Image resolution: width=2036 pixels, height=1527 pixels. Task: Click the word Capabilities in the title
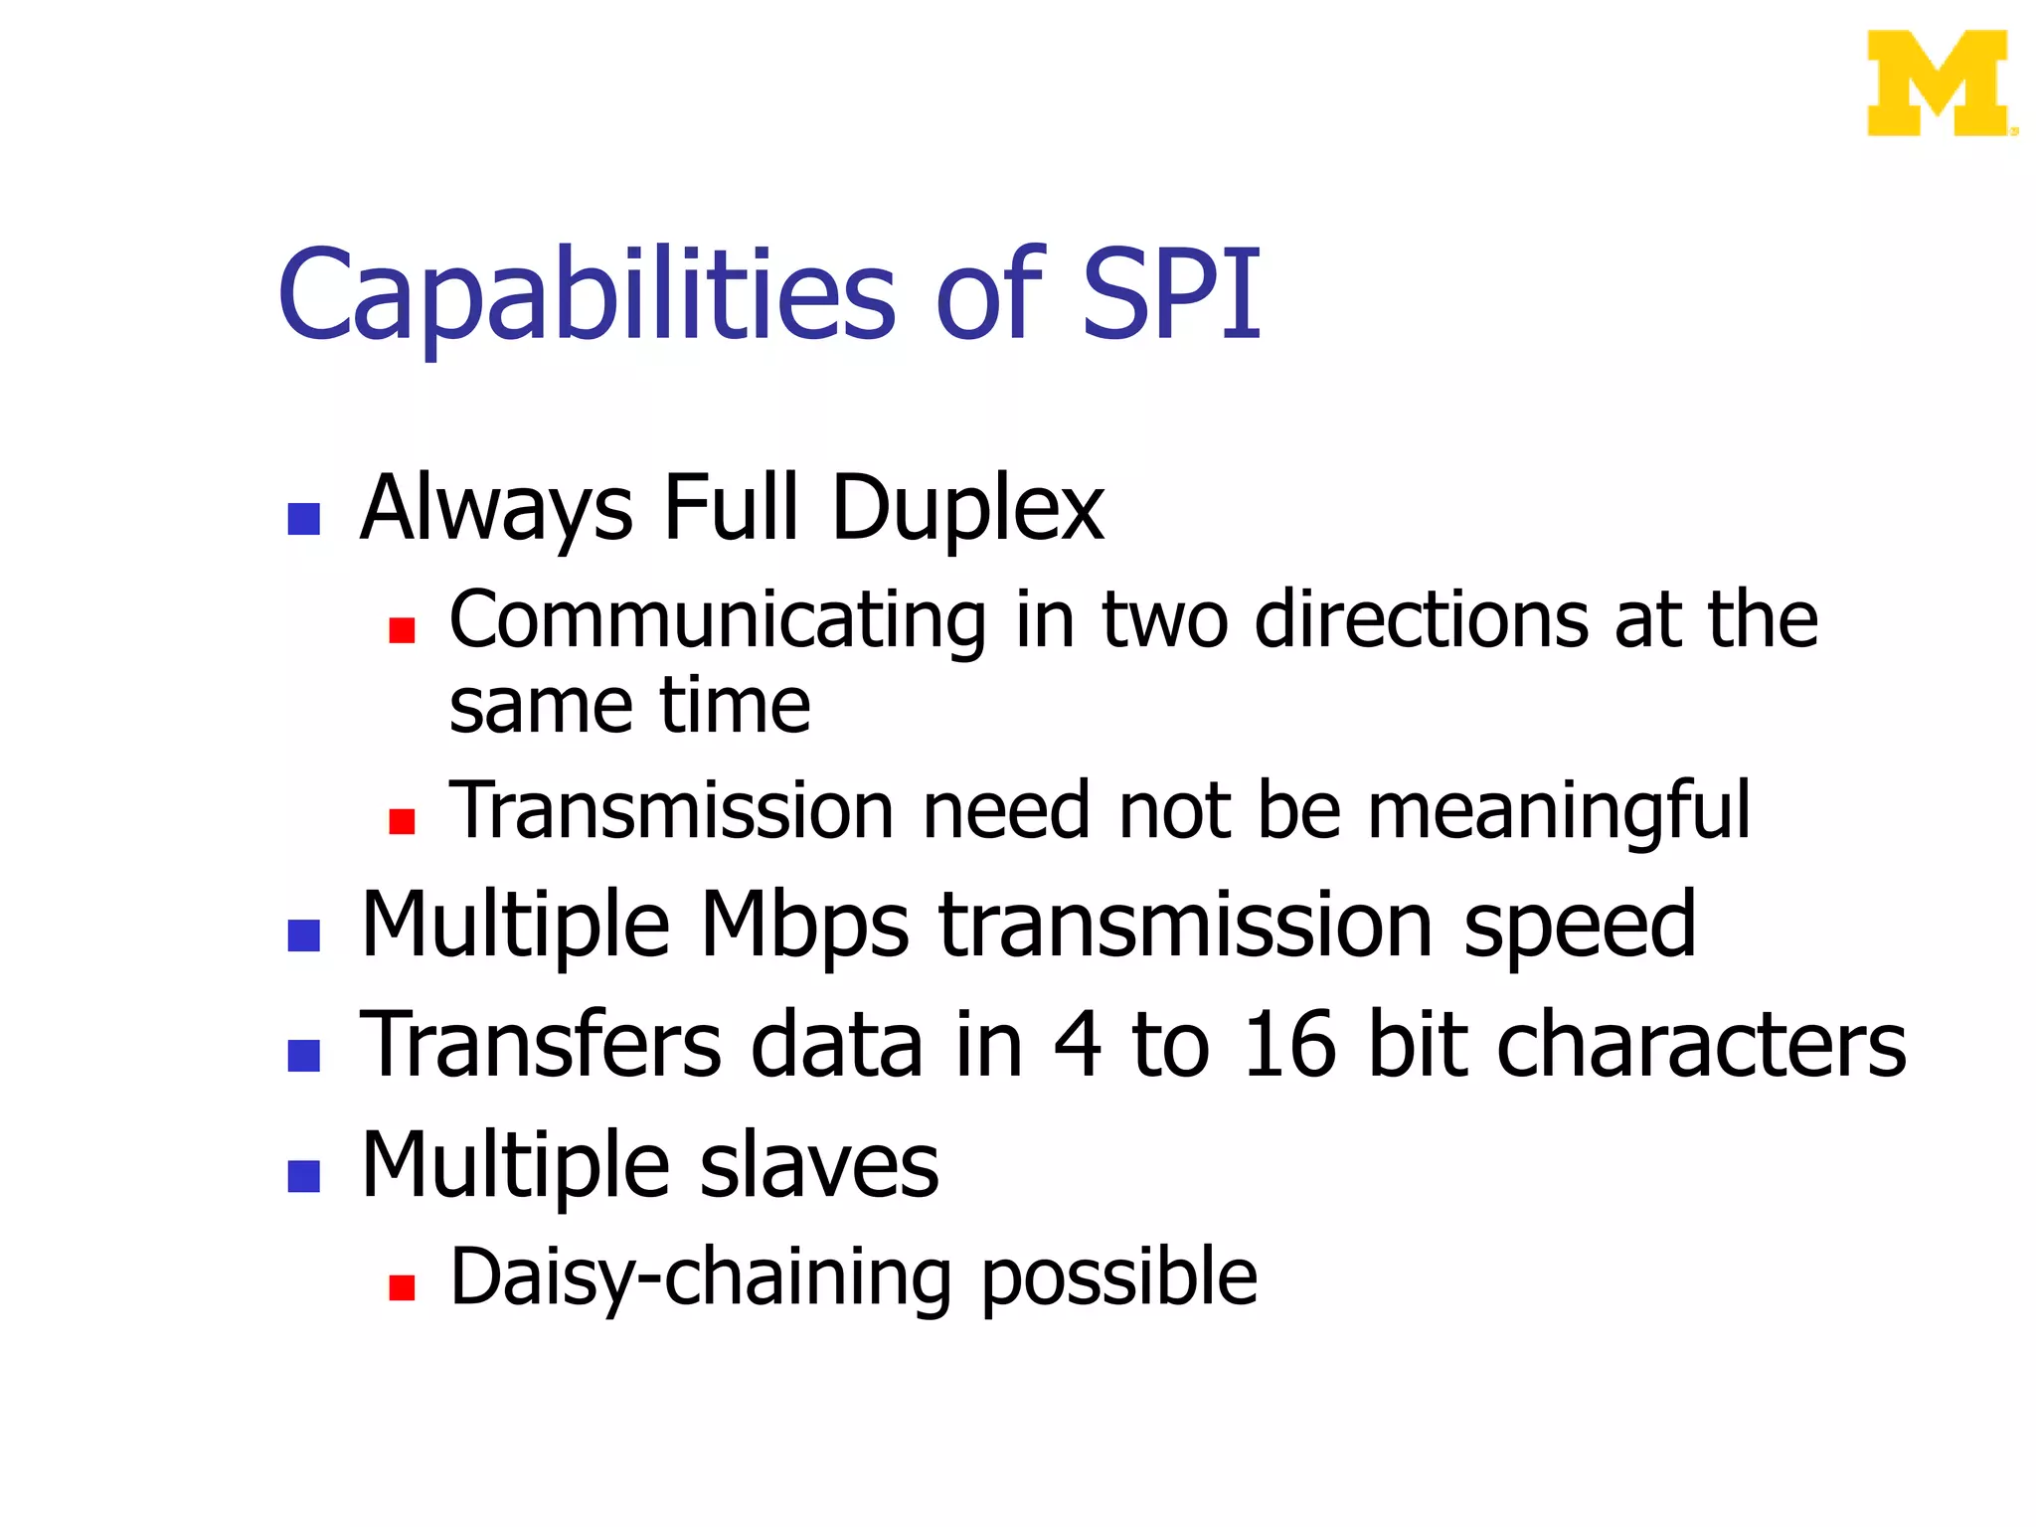click(x=587, y=296)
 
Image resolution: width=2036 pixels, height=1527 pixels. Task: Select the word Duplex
click(x=966, y=509)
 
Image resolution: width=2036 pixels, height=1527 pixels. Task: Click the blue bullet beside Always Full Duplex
click(x=303, y=518)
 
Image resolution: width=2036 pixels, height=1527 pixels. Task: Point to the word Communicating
click(x=717, y=621)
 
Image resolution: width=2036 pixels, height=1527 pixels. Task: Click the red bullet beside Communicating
click(x=402, y=630)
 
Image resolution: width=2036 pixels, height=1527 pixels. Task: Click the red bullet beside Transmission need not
click(x=402, y=821)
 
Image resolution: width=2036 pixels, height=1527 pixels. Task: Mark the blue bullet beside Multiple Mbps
click(x=303, y=934)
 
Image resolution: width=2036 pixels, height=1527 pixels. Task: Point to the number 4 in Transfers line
click(x=1078, y=1043)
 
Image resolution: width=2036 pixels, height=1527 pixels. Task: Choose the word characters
click(x=1700, y=1043)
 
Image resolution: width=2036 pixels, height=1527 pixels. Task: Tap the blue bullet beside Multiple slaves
click(x=303, y=1175)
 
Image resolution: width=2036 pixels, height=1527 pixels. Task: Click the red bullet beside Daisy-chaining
click(x=402, y=1288)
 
